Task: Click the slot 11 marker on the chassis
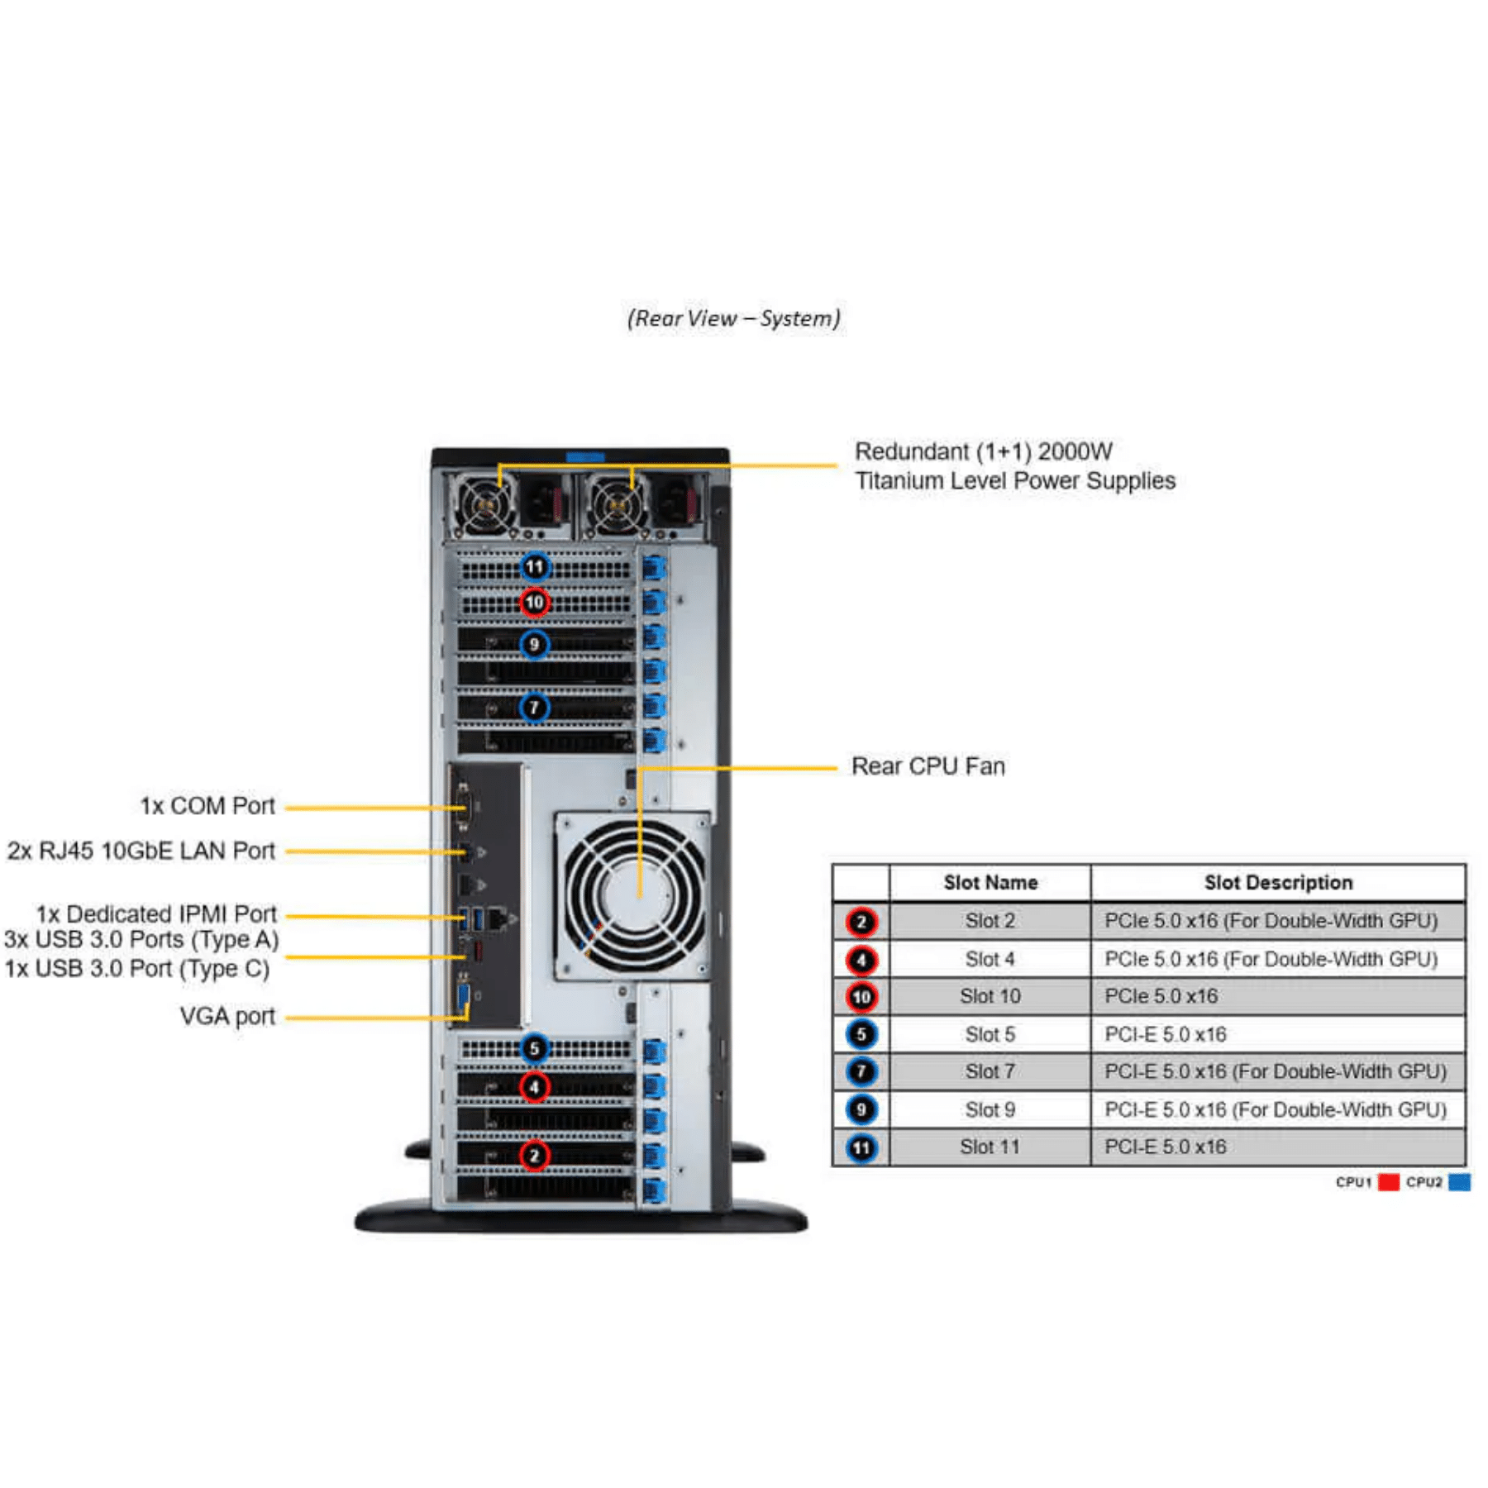click(x=535, y=567)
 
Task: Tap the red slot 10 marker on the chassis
click(x=535, y=603)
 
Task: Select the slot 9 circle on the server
click(x=535, y=644)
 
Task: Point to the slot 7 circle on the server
click(x=535, y=708)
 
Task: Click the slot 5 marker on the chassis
click(x=535, y=1049)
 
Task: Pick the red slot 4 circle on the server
click(x=535, y=1087)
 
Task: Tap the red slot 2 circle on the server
click(x=535, y=1156)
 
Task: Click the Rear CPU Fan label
click(x=928, y=766)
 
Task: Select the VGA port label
click(x=227, y=1016)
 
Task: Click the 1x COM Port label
click(x=207, y=806)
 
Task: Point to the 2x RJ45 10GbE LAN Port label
click(x=141, y=851)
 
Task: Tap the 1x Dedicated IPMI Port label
click(x=155, y=914)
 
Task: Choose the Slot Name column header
click(x=990, y=883)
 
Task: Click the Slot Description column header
click(x=1278, y=883)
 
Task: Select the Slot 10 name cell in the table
click(x=990, y=997)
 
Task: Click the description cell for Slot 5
click(x=1166, y=1034)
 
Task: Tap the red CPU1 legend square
click(x=1389, y=1182)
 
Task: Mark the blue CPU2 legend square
click(x=1460, y=1182)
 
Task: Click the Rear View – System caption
click(x=733, y=319)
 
